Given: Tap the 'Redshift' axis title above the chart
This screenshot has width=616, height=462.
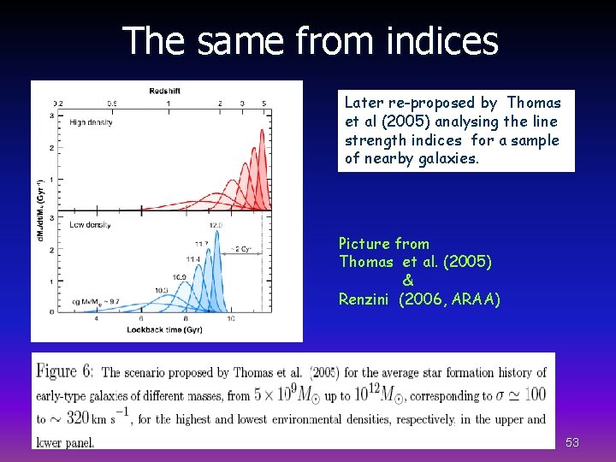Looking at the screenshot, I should click(165, 89).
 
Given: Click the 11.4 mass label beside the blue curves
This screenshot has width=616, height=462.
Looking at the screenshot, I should click(193, 258).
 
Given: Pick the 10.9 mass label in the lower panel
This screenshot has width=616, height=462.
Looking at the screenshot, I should click(179, 277).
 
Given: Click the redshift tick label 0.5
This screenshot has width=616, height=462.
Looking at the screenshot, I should click(112, 104).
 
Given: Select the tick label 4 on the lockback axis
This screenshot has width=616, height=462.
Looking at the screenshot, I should click(96, 318).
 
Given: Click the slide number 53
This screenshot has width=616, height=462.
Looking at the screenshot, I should click(572, 442).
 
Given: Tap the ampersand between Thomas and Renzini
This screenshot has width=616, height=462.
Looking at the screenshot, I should click(407, 281).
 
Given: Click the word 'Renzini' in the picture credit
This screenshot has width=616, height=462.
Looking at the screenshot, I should click(366, 299).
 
